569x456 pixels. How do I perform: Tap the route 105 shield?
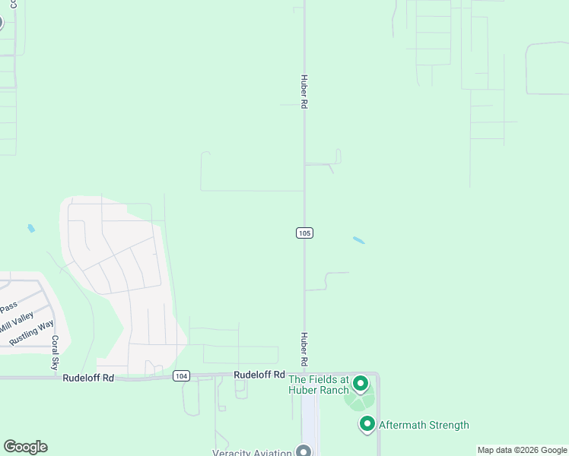[x=304, y=233]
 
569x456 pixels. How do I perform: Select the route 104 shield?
[x=181, y=375]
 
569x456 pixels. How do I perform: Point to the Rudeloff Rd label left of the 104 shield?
[x=88, y=378]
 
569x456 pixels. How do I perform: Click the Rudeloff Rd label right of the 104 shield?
[x=259, y=375]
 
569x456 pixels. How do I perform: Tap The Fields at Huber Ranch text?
[x=318, y=385]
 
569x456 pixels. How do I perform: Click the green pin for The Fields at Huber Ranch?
[x=361, y=383]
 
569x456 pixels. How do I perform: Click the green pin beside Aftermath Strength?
[x=367, y=423]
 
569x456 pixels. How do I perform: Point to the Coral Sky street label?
[x=55, y=353]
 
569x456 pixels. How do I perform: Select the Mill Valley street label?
[x=16, y=321]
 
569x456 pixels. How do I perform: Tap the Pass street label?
[x=8, y=308]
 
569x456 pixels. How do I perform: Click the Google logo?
[x=25, y=447]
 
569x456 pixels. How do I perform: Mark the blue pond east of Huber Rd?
[x=358, y=241]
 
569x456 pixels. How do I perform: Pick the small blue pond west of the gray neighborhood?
[x=31, y=228]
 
